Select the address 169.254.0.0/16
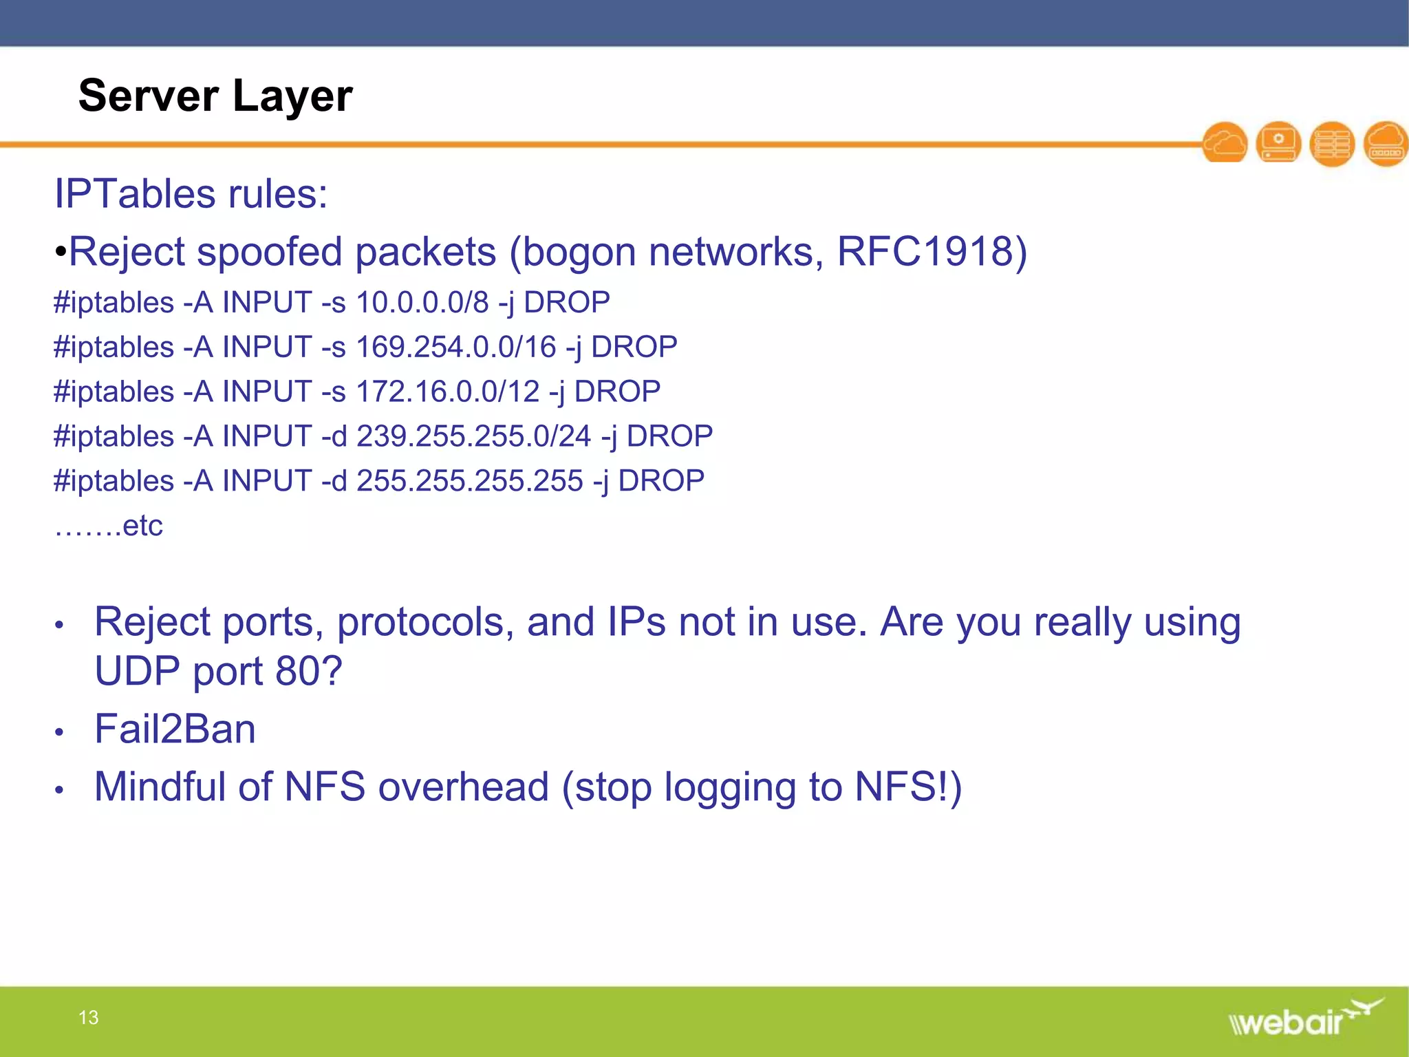[x=455, y=347]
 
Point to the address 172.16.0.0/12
[x=447, y=392]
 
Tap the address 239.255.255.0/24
[x=473, y=436]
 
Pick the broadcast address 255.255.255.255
[x=469, y=481]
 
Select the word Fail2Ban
[x=175, y=729]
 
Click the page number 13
[x=88, y=1017]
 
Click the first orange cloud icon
[x=1225, y=143]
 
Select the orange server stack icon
[x=1332, y=143]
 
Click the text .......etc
[x=109, y=526]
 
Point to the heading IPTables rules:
[x=191, y=193]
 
